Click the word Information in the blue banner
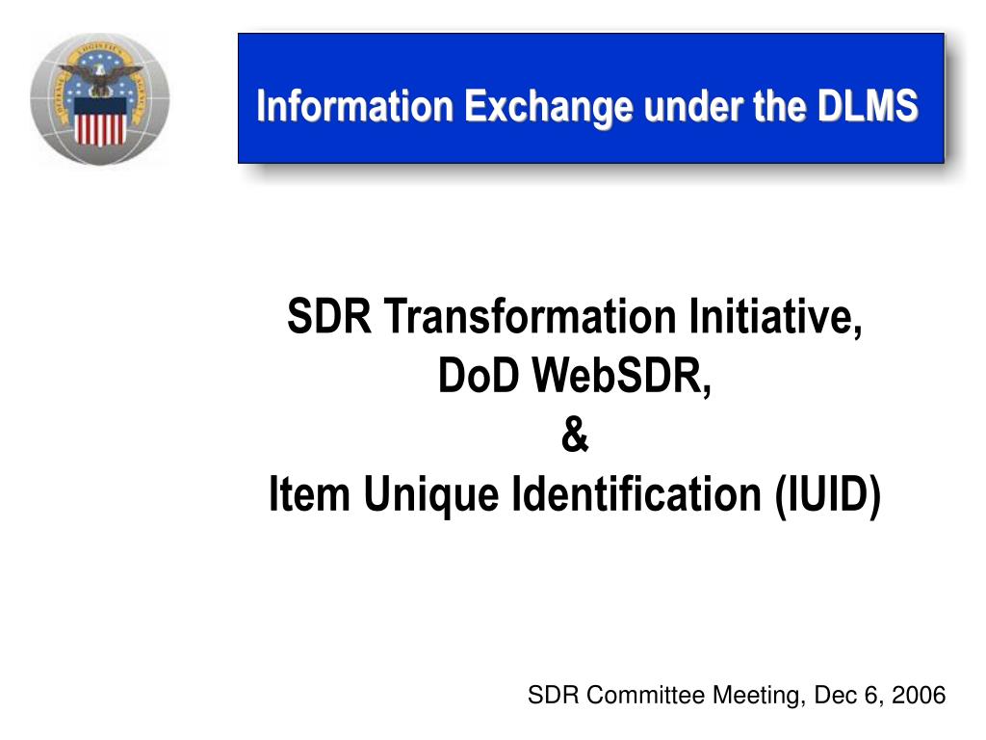click(354, 105)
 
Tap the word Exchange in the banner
click(549, 107)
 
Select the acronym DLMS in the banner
click(868, 105)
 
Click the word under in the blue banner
click(693, 106)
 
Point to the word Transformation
click(531, 316)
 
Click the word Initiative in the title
click(775, 317)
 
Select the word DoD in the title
click(479, 375)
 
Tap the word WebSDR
click(621, 377)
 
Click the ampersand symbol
click(575, 435)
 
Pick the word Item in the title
click(309, 493)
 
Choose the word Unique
click(431, 495)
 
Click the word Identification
click(636, 493)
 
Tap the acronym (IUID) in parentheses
click(827, 496)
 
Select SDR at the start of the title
click(329, 316)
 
